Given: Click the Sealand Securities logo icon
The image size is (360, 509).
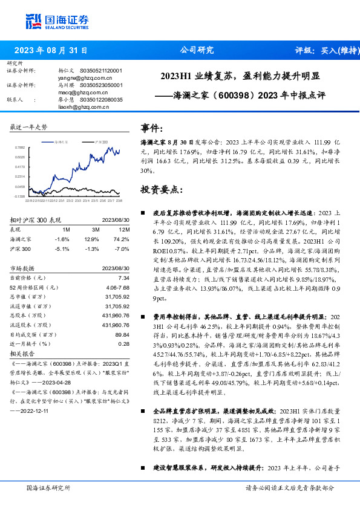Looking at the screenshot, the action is [33, 21].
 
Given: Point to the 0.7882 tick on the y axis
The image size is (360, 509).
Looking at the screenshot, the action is [20, 147].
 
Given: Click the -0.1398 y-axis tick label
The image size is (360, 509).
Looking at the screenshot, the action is [20, 196].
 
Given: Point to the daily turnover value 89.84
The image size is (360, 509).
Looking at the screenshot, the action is [122, 334].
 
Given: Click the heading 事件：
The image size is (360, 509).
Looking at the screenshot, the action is [152, 129].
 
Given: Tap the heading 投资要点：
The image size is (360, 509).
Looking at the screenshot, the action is [160, 190].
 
